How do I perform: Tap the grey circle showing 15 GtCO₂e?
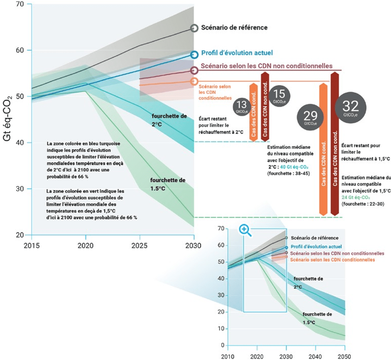click(x=279, y=96)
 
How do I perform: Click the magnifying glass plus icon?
click(x=245, y=230)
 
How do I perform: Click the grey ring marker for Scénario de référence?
click(x=194, y=28)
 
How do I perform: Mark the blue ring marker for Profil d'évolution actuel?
click(x=194, y=55)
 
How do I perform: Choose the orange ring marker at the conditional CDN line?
click(x=194, y=81)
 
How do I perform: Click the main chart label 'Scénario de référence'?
click(x=234, y=28)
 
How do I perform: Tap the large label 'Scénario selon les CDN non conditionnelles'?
click(x=267, y=66)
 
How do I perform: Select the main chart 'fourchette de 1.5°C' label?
click(x=168, y=184)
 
